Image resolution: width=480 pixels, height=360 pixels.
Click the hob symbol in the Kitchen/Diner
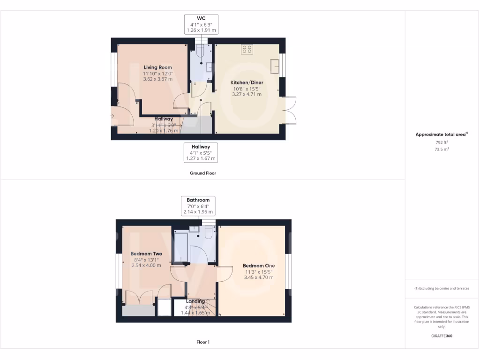pyautogui.click(x=247, y=49)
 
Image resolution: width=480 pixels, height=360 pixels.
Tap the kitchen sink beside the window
pyautogui.click(x=275, y=67)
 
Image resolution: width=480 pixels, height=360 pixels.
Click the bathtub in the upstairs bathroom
pyautogui.click(x=180, y=246)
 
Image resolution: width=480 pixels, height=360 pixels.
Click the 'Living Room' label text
pyautogui.click(x=157, y=67)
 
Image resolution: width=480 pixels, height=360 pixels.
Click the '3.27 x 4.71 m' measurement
pyautogui.click(x=247, y=94)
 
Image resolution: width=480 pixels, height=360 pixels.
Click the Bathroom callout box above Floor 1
pyautogui.click(x=198, y=206)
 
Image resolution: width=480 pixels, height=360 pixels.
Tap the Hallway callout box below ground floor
pyautogui.click(x=200, y=152)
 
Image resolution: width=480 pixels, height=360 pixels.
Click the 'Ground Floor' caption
pyautogui.click(x=202, y=173)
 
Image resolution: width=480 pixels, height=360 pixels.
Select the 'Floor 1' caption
pyautogui.click(x=202, y=342)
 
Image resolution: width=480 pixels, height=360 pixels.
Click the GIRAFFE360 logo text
pyautogui.click(x=442, y=336)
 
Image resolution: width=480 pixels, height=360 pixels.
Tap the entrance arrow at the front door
pyautogui.click(x=112, y=115)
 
